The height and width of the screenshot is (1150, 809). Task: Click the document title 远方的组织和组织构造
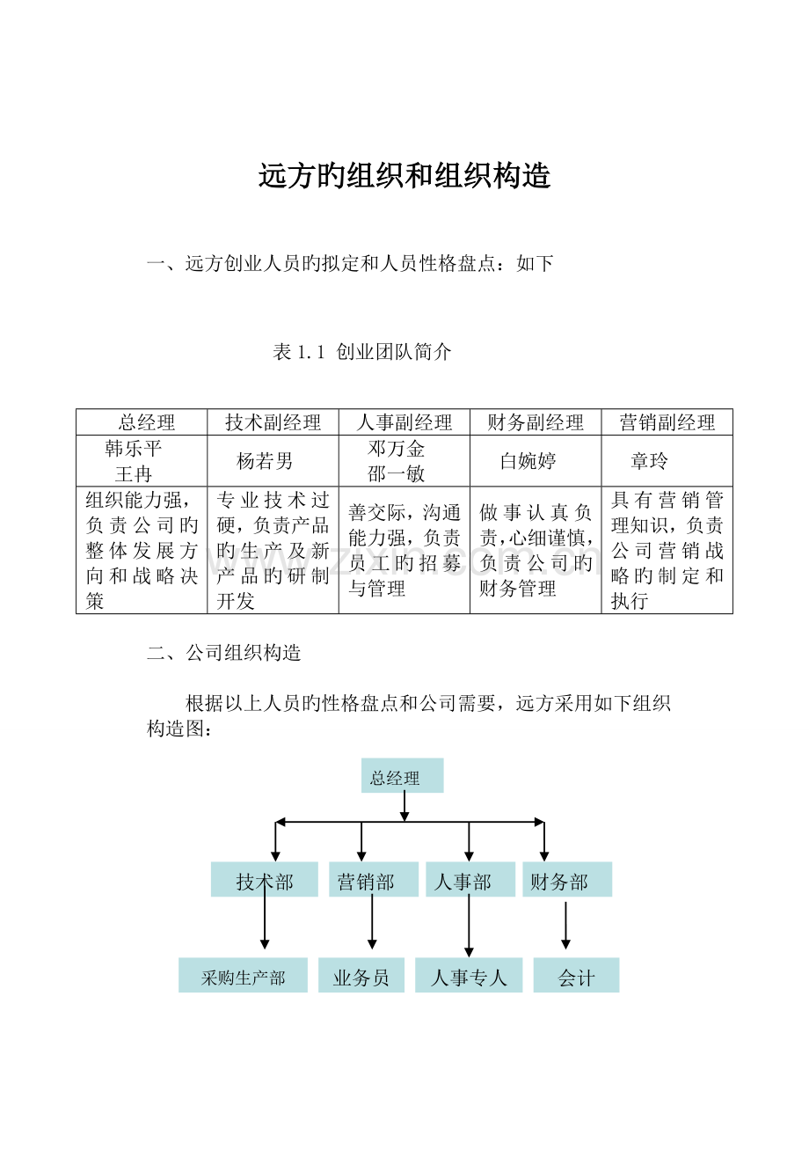404,176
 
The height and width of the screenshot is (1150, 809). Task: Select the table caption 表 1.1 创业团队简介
362,352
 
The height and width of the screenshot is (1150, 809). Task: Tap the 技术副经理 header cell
273,422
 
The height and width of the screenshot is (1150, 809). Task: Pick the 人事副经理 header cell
404,422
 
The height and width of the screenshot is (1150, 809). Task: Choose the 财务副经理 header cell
536,422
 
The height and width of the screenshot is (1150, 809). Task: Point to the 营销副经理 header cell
667,422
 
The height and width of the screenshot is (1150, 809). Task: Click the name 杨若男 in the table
265,461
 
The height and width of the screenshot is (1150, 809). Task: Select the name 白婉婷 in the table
528,461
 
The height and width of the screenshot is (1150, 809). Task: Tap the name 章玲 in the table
650,461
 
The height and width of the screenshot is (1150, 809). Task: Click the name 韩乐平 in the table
134,449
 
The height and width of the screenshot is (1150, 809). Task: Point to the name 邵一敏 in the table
396,474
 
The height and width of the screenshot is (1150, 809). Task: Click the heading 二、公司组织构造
224,653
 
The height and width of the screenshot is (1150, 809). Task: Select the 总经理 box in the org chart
402,775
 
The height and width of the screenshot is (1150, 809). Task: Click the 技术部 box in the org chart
264,879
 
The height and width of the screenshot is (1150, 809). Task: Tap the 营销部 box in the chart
374,879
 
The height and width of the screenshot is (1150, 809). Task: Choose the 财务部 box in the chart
567,879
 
